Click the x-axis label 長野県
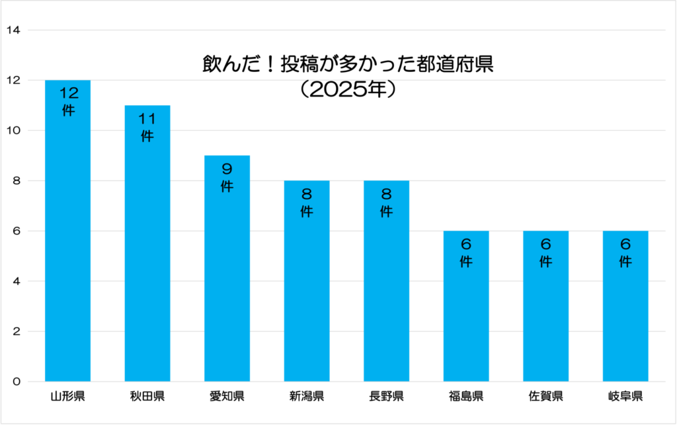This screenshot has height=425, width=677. pos(386,397)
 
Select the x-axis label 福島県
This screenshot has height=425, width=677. pos(466,397)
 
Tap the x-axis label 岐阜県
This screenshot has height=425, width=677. pos(625,397)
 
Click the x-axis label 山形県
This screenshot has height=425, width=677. pos(67,397)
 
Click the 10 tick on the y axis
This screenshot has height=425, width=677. pos(13,130)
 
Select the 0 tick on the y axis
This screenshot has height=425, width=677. pos(16,381)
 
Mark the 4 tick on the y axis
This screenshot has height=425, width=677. pos(16,281)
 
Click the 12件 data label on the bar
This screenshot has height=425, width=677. pos(68,101)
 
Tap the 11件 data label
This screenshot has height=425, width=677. pos(147,127)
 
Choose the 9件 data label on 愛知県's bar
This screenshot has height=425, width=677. pos(227,177)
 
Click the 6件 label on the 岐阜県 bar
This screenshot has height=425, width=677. pos(625,252)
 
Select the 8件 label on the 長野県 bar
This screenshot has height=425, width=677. pos(386,202)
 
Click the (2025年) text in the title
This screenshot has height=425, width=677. pos(347,90)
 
